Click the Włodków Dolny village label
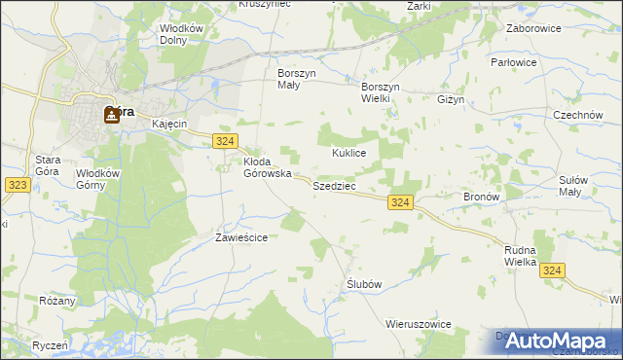click(182, 35)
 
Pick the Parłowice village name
click(541, 62)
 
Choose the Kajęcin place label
click(168, 125)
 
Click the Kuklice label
click(348, 154)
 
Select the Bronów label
click(481, 196)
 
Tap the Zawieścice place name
click(240, 237)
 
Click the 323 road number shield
click(15, 183)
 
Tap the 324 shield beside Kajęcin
click(224, 142)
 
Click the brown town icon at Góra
click(112, 116)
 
